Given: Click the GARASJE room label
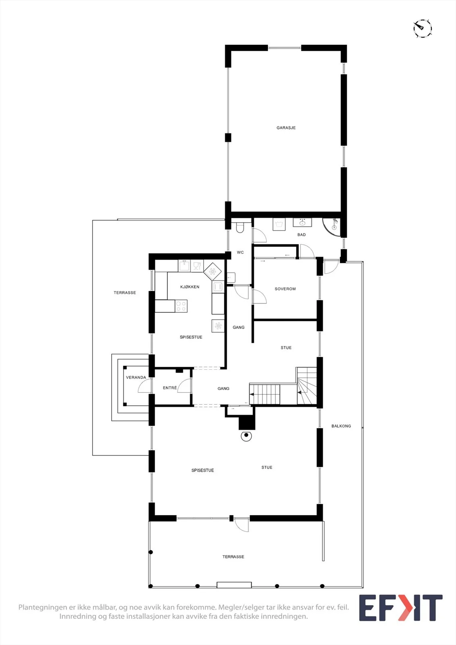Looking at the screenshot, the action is [286, 127].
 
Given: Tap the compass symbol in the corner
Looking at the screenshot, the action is [423, 29].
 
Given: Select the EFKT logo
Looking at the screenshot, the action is [401, 608].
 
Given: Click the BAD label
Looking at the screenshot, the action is [302, 235].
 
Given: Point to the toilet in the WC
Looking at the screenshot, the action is [240, 227].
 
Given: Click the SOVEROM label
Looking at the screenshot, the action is [285, 289].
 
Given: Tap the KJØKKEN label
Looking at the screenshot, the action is [190, 287].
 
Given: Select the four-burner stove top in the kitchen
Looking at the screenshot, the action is [181, 306].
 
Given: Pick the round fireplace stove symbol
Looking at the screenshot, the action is [246, 436].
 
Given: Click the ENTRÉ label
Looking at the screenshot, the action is [170, 388].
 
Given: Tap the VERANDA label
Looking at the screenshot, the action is [136, 377].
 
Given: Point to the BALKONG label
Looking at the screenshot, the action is [341, 426].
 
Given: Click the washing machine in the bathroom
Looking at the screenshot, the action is [279, 224].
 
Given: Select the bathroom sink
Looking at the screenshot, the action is [302, 223].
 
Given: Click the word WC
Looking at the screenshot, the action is [240, 252].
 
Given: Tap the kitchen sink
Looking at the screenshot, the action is [184, 266].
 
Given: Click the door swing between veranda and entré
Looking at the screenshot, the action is [144, 386].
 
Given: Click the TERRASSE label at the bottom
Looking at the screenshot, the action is [233, 557].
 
